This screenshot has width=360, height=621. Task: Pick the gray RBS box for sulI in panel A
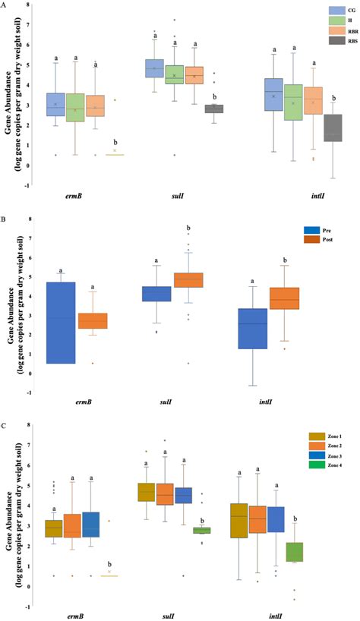click(215, 109)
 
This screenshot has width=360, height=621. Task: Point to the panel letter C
click(5, 427)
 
